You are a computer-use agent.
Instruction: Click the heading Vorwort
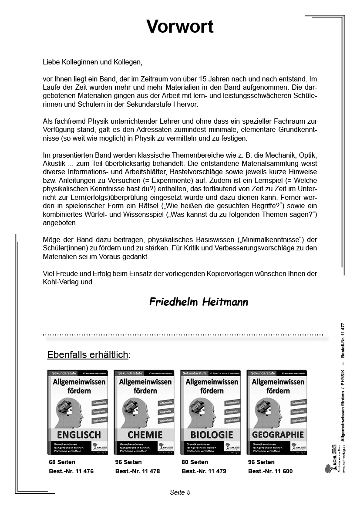tap(180, 27)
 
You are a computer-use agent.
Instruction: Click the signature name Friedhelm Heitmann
tap(199, 302)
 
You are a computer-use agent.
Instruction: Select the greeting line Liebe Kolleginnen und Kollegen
tap(93, 62)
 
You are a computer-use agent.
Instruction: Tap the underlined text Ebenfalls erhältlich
tap(87, 354)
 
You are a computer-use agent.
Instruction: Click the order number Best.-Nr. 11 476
tap(71, 471)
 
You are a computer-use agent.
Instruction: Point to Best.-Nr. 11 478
tap(138, 471)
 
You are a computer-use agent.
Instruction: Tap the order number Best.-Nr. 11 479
tap(204, 471)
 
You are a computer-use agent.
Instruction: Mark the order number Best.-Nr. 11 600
tap(270, 471)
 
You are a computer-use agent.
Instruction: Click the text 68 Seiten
tap(62, 462)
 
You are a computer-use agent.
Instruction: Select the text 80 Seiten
tap(195, 462)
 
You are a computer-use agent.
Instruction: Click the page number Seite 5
tap(180, 492)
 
